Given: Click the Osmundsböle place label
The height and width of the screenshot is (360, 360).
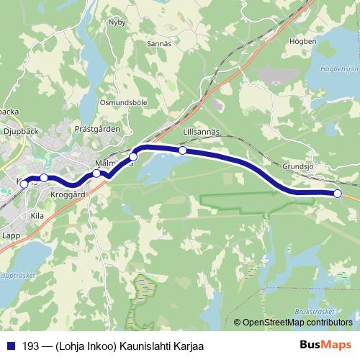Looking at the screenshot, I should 123,103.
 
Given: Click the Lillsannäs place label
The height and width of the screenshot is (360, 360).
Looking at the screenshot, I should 201,132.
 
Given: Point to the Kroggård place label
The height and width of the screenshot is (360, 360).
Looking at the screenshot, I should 69,194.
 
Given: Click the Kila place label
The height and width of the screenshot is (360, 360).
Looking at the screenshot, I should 38,215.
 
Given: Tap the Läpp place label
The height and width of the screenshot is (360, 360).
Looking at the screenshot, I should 10,235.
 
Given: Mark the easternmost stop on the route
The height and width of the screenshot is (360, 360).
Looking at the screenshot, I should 338,193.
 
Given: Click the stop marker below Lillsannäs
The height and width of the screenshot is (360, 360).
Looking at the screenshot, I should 183,150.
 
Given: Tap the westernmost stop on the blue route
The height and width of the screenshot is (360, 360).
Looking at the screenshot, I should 24,184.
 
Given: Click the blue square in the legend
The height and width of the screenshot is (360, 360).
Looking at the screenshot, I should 12,346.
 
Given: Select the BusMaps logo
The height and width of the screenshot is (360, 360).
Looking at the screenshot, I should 325,345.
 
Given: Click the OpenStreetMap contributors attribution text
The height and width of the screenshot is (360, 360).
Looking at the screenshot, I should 297,323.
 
